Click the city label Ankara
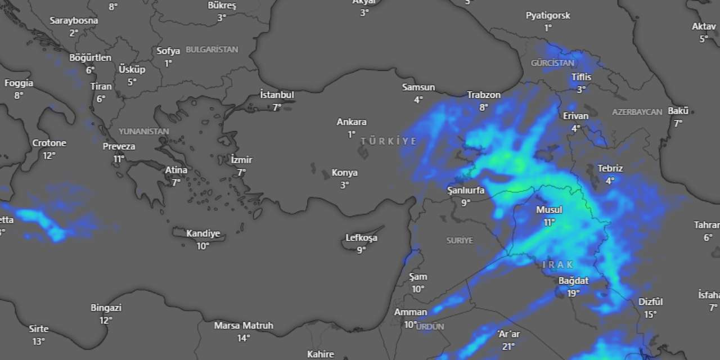(352, 122)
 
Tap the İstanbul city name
(277, 95)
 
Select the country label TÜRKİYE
(389, 141)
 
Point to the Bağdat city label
(573, 281)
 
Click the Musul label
(549, 210)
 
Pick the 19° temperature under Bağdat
(573, 292)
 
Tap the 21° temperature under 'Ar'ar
(509, 346)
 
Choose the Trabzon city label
(484, 95)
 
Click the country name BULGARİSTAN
(212, 49)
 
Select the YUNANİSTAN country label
(143, 131)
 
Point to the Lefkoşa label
(361, 238)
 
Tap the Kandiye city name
(203, 234)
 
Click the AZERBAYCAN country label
(637, 112)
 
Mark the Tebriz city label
(610, 168)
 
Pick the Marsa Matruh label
(244, 326)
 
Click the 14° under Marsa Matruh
(244, 338)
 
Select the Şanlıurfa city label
(466, 190)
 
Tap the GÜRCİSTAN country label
(552, 63)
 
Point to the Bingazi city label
(106, 308)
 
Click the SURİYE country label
(460, 240)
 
